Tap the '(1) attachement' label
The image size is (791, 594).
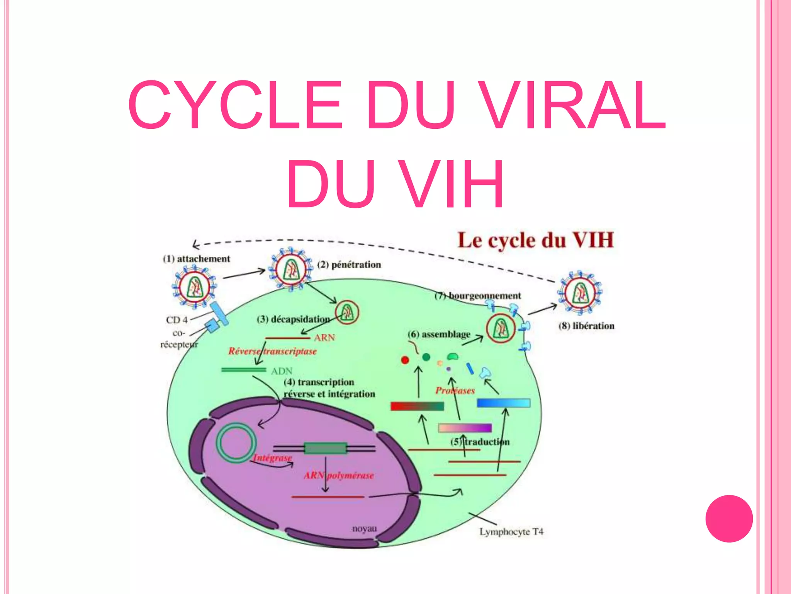(x=196, y=259)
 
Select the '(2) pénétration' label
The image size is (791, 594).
(x=349, y=265)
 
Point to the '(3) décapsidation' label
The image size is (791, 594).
(x=293, y=319)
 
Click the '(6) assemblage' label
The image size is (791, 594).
(x=439, y=334)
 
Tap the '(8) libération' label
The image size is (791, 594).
(x=586, y=326)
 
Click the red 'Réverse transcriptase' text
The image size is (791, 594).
(x=272, y=351)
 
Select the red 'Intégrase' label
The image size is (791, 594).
(x=273, y=458)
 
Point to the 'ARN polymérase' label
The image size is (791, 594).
(x=339, y=475)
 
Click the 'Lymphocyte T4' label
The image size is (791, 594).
(x=511, y=532)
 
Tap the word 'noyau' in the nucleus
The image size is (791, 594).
(x=364, y=528)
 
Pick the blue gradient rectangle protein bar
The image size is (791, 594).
(x=504, y=403)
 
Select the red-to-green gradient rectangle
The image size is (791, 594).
(x=417, y=406)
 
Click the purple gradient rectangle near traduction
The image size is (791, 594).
(x=465, y=428)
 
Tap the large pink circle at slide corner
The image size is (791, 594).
(x=729, y=519)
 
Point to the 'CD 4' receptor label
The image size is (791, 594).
(x=177, y=320)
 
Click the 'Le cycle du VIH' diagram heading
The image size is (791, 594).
(x=535, y=240)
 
